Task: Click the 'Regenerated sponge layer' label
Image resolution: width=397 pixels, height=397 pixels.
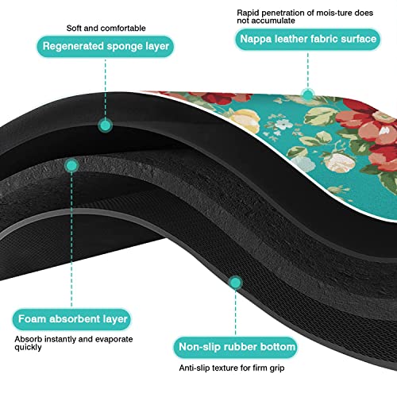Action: tap(106, 46)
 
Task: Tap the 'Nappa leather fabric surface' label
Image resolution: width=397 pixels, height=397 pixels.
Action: tap(308, 39)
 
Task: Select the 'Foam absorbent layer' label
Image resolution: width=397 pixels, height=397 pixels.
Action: tap(71, 319)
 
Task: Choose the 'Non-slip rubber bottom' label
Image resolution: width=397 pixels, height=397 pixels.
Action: tap(236, 347)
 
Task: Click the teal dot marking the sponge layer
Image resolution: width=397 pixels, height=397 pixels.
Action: tap(106, 125)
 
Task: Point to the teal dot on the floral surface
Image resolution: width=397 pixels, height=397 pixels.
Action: tap(308, 94)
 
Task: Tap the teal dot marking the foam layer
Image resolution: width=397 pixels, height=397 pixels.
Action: tap(71, 166)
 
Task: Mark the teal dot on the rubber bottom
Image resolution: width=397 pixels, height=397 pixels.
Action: tap(235, 283)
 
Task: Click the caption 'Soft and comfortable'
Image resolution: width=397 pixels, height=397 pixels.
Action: tap(106, 28)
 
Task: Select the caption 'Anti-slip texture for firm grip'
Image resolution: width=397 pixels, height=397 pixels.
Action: tap(232, 368)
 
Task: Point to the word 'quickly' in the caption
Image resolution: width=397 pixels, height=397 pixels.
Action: tap(28, 348)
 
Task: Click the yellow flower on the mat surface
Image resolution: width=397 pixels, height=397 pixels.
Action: tap(245, 120)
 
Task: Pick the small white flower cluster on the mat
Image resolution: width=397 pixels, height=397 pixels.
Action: tap(283, 124)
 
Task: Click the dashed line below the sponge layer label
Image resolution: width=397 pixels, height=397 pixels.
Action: tap(106, 88)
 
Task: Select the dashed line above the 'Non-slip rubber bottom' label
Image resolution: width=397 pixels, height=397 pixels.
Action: tap(235, 313)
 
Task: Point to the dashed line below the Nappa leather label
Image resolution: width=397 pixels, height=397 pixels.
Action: tap(308, 70)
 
